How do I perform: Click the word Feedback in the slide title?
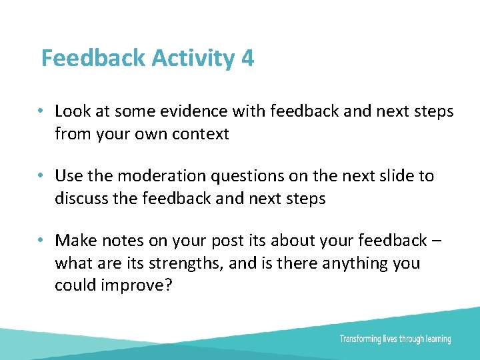[x=93, y=59]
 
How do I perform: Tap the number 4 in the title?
[x=247, y=59]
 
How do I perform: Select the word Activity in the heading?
[x=193, y=59]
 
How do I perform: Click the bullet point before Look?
[x=41, y=111]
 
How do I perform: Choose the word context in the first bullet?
[x=201, y=134]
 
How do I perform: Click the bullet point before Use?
[x=41, y=176]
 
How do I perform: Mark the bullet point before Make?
[x=41, y=240]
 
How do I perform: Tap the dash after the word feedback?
[x=435, y=241]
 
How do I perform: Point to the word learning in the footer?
[x=436, y=339]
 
